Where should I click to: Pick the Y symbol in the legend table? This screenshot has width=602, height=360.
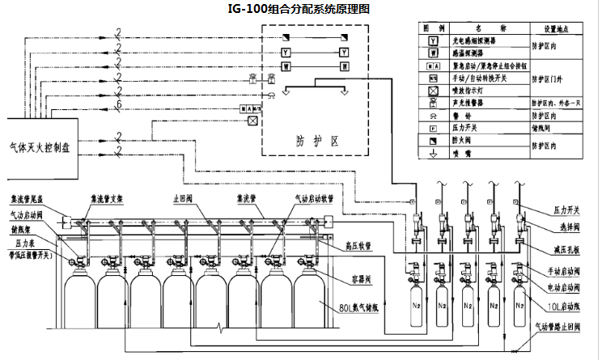[x=434, y=40]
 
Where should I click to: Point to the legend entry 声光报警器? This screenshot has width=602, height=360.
[x=474, y=103]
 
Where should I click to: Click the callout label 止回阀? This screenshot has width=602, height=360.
[x=184, y=197]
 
